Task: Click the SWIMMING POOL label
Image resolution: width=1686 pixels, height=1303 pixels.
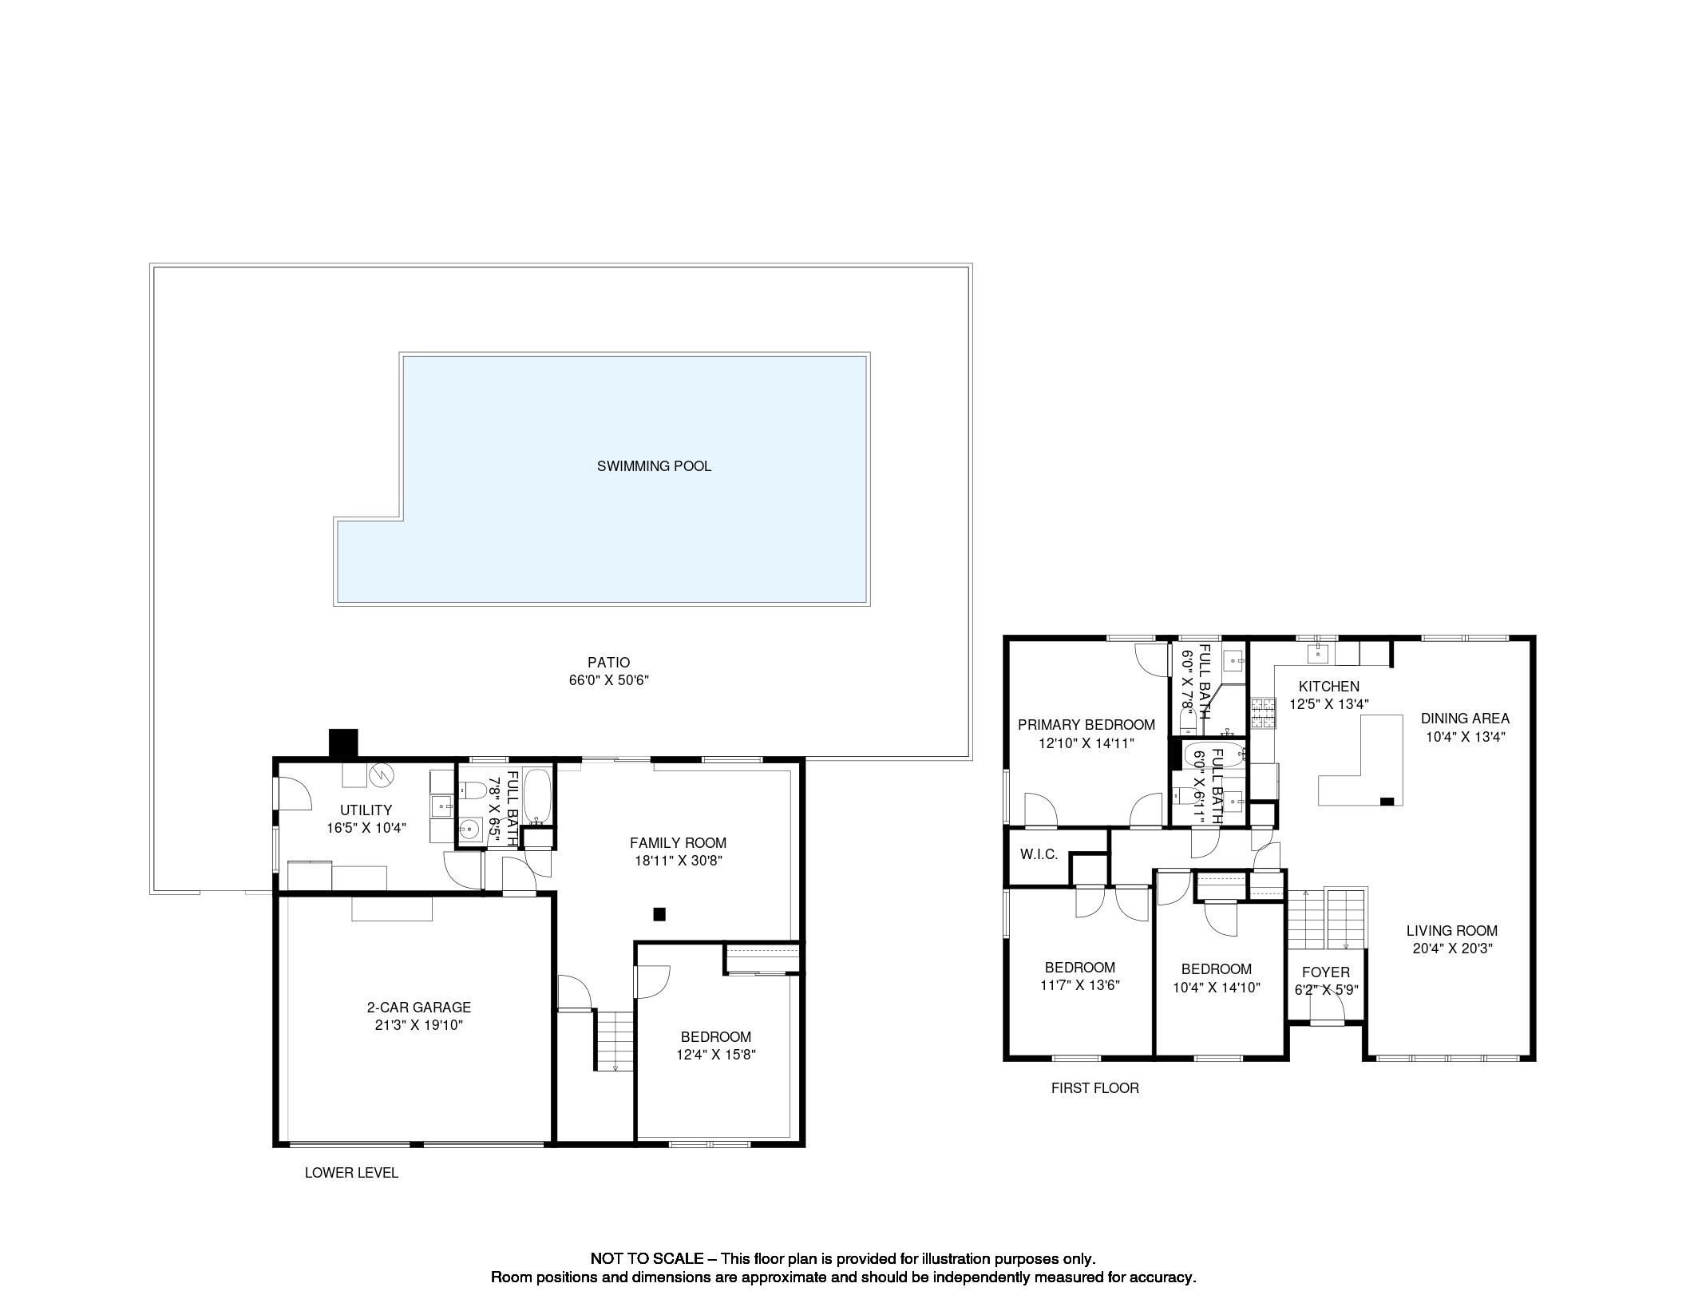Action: click(654, 466)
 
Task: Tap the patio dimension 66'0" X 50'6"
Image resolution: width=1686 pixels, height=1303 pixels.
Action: click(609, 680)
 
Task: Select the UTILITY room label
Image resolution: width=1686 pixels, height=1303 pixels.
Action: click(366, 810)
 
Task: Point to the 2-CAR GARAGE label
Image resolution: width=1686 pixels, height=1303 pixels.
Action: click(419, 1008)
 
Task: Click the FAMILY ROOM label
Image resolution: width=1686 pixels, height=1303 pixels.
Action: click(678, 842)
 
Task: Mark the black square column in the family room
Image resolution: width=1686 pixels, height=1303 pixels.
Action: click(659, 914)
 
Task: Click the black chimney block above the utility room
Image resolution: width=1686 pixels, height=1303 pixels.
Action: click(344, 743)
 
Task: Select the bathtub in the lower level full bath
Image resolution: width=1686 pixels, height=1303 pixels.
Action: click(536, 797)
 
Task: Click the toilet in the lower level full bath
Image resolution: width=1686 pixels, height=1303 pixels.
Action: click(473, 790)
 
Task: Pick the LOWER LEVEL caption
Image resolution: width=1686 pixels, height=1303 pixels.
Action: click(351, 1173)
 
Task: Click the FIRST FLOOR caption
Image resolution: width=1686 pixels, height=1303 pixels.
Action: click(1094, 1087)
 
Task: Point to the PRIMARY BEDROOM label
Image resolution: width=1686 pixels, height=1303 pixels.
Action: click(1086, 725)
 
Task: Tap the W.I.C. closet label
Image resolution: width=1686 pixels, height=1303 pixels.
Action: click(1039, 854)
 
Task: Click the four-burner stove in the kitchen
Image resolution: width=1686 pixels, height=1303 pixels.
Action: click(1263, 714)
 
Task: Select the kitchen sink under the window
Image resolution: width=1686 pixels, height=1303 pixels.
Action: click(1317, 654)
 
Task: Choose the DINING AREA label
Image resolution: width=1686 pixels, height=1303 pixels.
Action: click(1465, 719)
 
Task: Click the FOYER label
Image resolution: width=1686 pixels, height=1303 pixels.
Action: click(1326, 972)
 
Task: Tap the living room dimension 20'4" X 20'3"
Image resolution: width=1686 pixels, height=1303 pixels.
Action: click(1452, 949)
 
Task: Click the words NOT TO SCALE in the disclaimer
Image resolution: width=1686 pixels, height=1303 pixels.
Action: click(647, 1258)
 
